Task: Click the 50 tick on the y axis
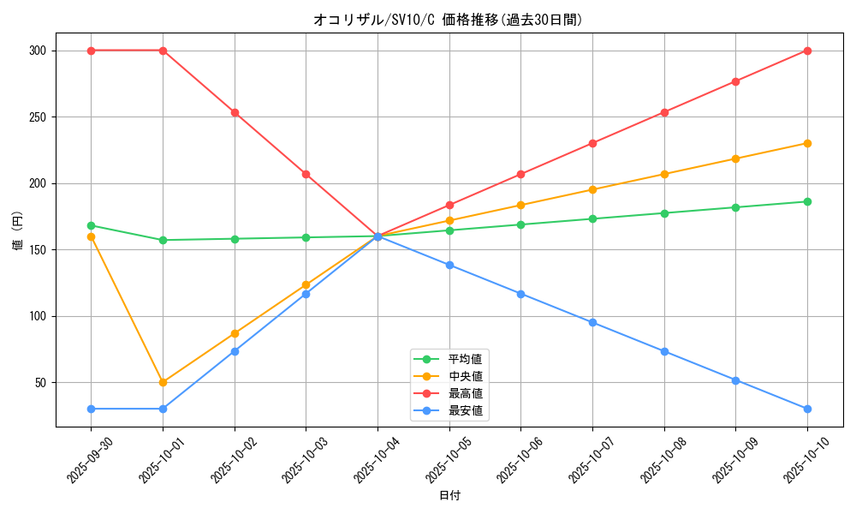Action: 39,382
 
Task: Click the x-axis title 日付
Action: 449,496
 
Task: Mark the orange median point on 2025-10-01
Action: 163,382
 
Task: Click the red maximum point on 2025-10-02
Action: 235,112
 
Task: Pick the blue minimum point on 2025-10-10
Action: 807,409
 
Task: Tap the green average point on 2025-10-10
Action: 807,201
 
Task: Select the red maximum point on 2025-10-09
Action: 735,81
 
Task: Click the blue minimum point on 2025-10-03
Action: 306,294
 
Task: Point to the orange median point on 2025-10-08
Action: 664,174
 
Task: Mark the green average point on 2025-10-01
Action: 163,240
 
